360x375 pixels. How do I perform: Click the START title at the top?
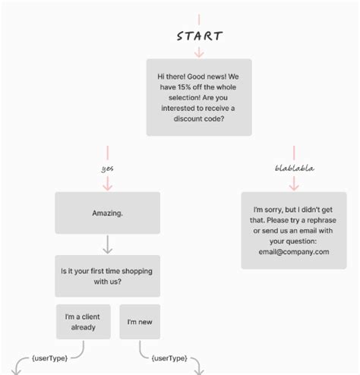[199, 36]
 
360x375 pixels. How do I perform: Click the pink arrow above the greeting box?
[199, 51]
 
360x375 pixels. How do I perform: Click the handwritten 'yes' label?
[107, 169]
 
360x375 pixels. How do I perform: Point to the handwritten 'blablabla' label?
[294, 169]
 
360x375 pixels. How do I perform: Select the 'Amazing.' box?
[107, 213]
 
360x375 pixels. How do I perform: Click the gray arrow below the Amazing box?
[107, 244]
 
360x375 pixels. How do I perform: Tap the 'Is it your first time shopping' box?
[107, 276]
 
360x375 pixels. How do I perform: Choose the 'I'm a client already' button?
[83, 322]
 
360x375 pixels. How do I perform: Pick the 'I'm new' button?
[140, 322]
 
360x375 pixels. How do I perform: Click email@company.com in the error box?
[294, 252]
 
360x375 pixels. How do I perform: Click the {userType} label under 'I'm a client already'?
[49, 357]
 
